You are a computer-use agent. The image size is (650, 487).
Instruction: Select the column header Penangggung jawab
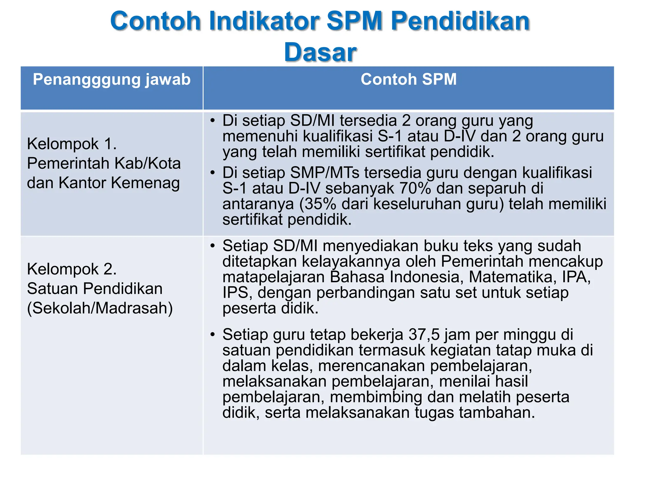(x=112, y=79)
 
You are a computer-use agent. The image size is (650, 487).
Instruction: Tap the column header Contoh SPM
(x=408, y=79)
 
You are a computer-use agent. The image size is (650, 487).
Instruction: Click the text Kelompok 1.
(x=72, y=144)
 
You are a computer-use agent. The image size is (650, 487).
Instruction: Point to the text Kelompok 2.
(x=72, y=269)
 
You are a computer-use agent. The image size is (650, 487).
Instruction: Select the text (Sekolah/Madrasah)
(x=100, y=308)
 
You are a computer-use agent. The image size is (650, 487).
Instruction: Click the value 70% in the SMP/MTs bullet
(x=415, y=188)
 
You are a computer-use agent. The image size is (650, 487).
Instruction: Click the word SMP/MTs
(x=325, y=173)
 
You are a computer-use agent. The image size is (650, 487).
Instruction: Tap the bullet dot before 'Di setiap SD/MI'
(x=212, y=120)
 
